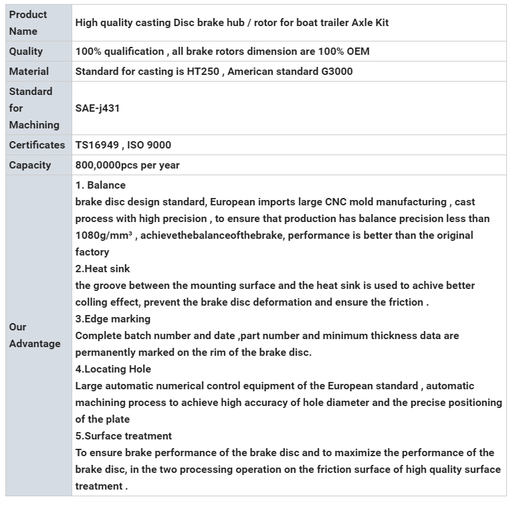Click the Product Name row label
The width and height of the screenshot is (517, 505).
[x=28, y=23]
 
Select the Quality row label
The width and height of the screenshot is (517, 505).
[x=26, y=52]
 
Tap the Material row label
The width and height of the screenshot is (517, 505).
[x=29, y=72]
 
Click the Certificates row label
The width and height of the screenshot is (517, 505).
[x=37, y=145]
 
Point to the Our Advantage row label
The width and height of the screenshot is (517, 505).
[x=35, y=335]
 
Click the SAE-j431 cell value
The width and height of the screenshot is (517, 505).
[x=98, y=108]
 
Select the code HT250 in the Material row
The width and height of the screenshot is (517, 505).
[x=201, y=72]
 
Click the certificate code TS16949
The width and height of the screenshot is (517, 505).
[x=96, y=145]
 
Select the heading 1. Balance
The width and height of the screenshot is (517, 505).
[x=100, y=185]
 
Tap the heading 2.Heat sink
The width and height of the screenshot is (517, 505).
[x=102, y=269]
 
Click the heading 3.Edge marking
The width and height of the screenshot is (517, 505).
[x=112, y=319]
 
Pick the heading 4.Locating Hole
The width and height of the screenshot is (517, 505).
[x=113, y=369]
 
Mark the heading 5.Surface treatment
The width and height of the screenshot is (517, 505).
[x=123, y=436]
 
